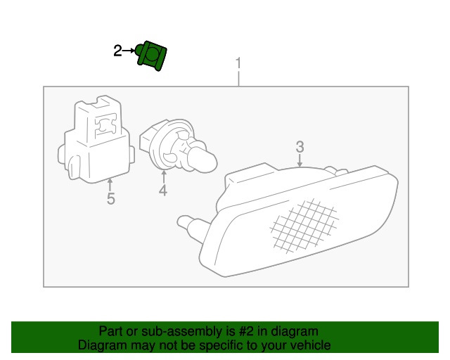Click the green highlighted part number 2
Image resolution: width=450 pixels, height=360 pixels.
[x=151, y=56]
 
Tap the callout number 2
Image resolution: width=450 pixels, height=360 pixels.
[x=117, y=51]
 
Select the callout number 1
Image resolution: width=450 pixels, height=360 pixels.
[x=238, y=63]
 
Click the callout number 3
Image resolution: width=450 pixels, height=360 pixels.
[x=300, y=147]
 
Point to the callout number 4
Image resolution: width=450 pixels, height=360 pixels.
[x=163, y=191]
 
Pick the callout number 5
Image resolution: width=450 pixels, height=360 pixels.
[x=111, y=199]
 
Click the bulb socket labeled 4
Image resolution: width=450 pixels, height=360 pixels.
[x=178, y=146]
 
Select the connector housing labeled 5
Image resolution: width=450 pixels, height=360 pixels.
[x=96, y=139]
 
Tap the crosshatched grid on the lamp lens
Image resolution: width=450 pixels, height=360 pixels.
[x=304, y=226]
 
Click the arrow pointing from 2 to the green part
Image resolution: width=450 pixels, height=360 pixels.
[x=128, y=51]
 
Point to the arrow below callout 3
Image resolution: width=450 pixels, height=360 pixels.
[x=300, y=160]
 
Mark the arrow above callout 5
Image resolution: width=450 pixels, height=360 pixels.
[x=110, y=185]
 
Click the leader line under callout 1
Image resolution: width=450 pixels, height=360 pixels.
[x=238, y=78]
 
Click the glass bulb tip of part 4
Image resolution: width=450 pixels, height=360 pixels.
[x=202, y=162]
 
